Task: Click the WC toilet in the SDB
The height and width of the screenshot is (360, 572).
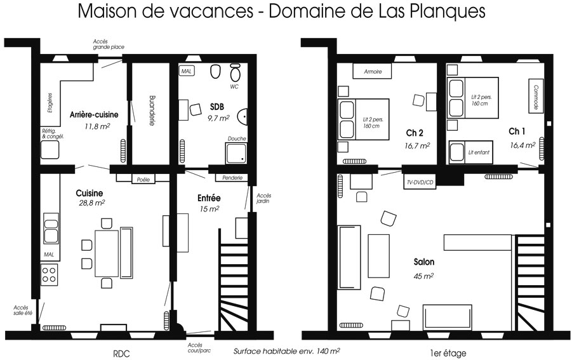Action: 236,72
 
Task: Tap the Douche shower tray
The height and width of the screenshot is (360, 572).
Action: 236,153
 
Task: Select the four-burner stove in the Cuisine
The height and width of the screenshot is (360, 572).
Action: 49,275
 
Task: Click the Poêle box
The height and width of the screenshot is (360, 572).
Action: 143,179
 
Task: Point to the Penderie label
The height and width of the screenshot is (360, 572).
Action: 232,178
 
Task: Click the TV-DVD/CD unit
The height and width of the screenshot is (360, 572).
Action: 420,182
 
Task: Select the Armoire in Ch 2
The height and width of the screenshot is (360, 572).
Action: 372,71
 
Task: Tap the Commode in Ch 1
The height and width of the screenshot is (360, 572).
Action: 536,97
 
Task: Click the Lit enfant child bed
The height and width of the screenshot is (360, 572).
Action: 470,152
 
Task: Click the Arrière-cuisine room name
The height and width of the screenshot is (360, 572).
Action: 94,114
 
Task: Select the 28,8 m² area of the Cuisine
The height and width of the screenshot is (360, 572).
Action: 92,203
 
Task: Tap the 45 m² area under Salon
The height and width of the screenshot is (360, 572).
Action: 423,276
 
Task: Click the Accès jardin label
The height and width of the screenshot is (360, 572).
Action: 263,199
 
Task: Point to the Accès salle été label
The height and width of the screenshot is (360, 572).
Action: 23,310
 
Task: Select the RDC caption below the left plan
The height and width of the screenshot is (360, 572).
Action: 121,354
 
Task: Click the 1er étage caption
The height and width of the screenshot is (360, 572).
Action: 448,353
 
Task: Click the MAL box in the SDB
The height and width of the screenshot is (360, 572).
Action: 187,71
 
